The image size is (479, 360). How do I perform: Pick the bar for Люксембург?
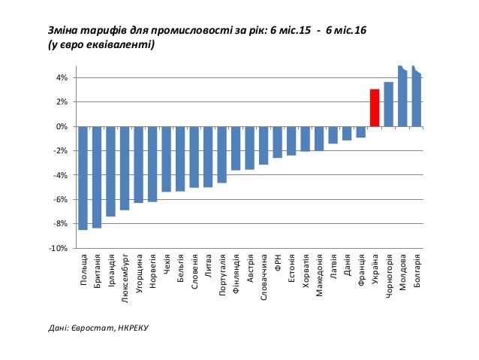125,168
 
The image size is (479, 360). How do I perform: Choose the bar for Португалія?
221,154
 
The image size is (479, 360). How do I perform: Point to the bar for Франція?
360,132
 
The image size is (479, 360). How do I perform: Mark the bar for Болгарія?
417,98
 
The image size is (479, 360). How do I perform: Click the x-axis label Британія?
98,271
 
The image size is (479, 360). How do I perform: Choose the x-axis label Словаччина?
264,278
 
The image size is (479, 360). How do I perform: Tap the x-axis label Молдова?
402,271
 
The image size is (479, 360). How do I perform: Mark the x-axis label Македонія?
319,276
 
